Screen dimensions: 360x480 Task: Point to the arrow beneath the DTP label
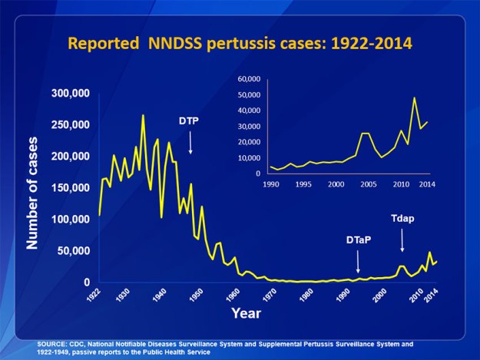point(190,143)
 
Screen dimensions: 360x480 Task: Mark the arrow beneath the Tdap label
point(402,240)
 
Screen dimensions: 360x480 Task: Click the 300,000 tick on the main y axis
point(70,93)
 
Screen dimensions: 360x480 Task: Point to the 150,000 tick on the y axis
point(70,187)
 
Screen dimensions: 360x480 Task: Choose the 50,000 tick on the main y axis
point(73,251)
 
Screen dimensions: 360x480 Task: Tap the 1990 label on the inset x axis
point(271,185)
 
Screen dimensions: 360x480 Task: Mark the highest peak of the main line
point(143,115)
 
